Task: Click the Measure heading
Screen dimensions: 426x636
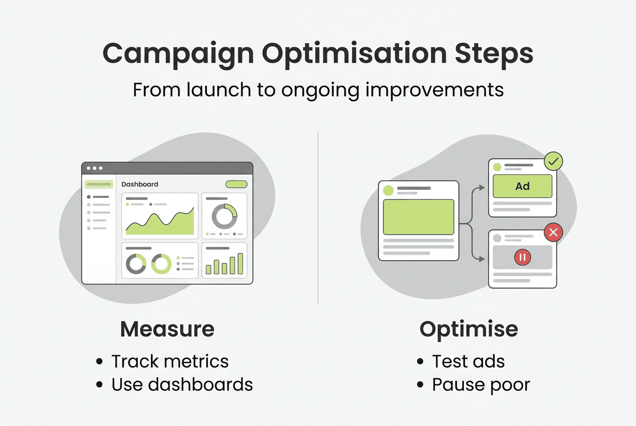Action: point(167,329)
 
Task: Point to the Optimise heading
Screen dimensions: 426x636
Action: point(468,329)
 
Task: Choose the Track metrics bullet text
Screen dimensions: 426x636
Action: point(170,361)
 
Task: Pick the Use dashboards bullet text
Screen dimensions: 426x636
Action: point(182,384)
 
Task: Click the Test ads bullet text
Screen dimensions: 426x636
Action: point(468,361)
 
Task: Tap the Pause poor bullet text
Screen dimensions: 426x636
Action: point(481,385)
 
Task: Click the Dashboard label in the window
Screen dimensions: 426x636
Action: point(140,184)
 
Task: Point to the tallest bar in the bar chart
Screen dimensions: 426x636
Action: point(240,264)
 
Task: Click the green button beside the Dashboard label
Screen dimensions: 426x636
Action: point(236,184)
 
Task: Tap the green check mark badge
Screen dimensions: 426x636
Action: point(553,162)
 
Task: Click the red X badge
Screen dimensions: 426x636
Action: point(553,232)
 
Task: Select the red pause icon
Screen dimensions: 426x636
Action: point(522,258)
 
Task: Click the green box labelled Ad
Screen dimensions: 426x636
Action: point(522,186)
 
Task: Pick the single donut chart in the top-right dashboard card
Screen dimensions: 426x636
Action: point(224,217)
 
